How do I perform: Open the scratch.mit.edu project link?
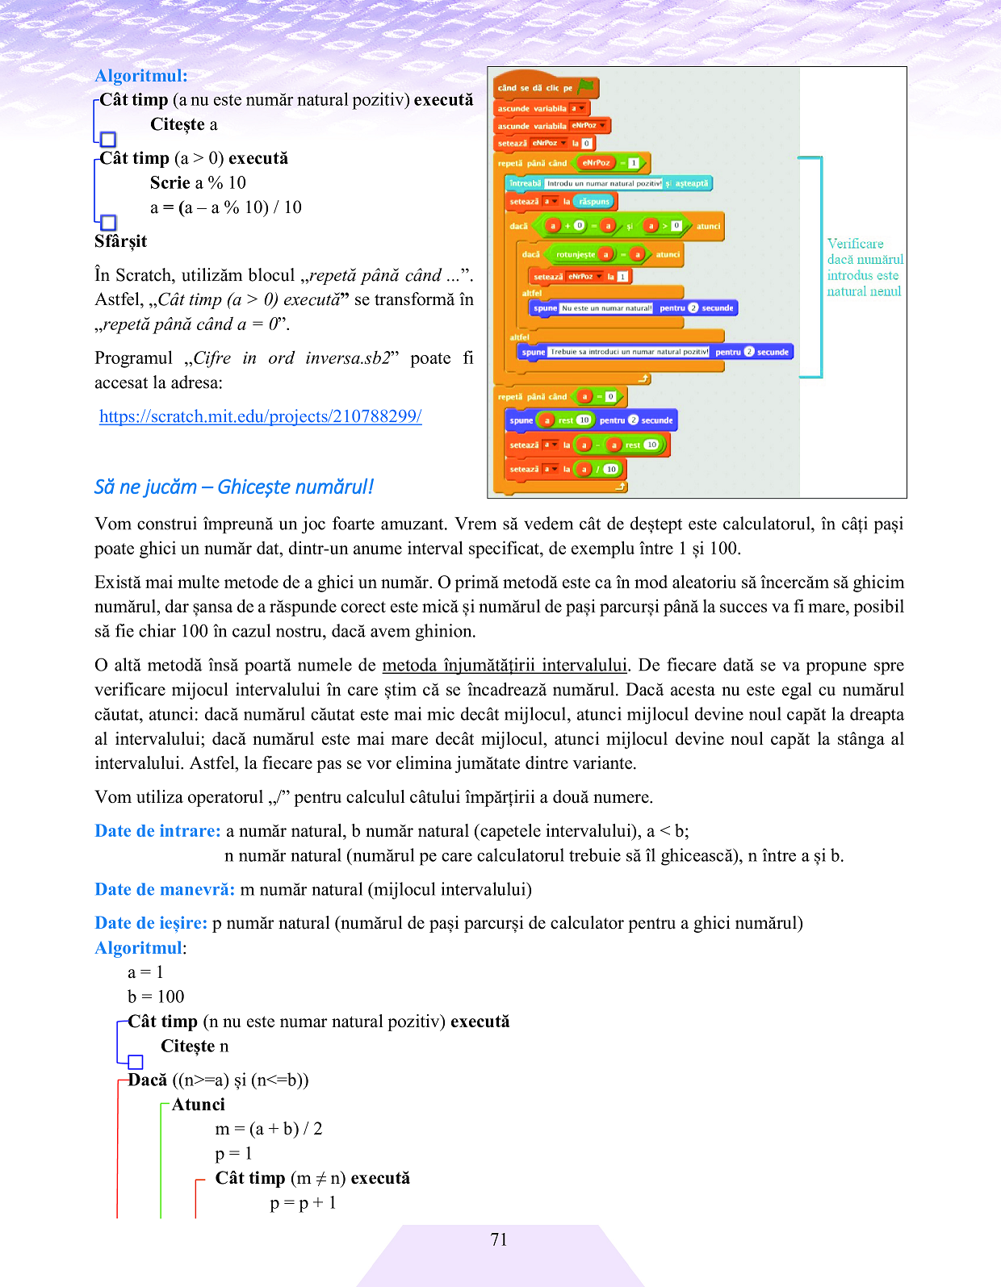(x=260, y=416)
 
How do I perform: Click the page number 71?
(x=499, y=1239)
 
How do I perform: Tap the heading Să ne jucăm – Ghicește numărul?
(x=233, y=487)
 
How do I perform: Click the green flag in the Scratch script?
(x=586, y=86)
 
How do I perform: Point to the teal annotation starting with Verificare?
(x=865, y=267)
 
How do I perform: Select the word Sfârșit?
(x=120, y=241)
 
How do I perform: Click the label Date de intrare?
(x=157, y=831)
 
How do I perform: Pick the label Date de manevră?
(x=165, y=889)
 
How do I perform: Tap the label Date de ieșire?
(x=151, y=923)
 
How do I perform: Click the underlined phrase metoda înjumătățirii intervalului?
(x=505, y=665)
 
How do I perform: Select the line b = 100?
(x=156, y=997)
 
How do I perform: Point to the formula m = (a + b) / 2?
(x=269, y=1129)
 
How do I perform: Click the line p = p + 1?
(x=303, y=1203)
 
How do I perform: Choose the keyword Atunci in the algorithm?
(x=198, y=1105)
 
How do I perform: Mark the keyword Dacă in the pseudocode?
(x=147, y=1080)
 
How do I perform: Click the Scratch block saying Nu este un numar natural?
(x=606, y=308)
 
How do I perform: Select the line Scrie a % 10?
(x=198, y=183)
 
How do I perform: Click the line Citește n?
(x=195, y=1047)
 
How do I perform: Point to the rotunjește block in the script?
(x=576, y=254)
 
